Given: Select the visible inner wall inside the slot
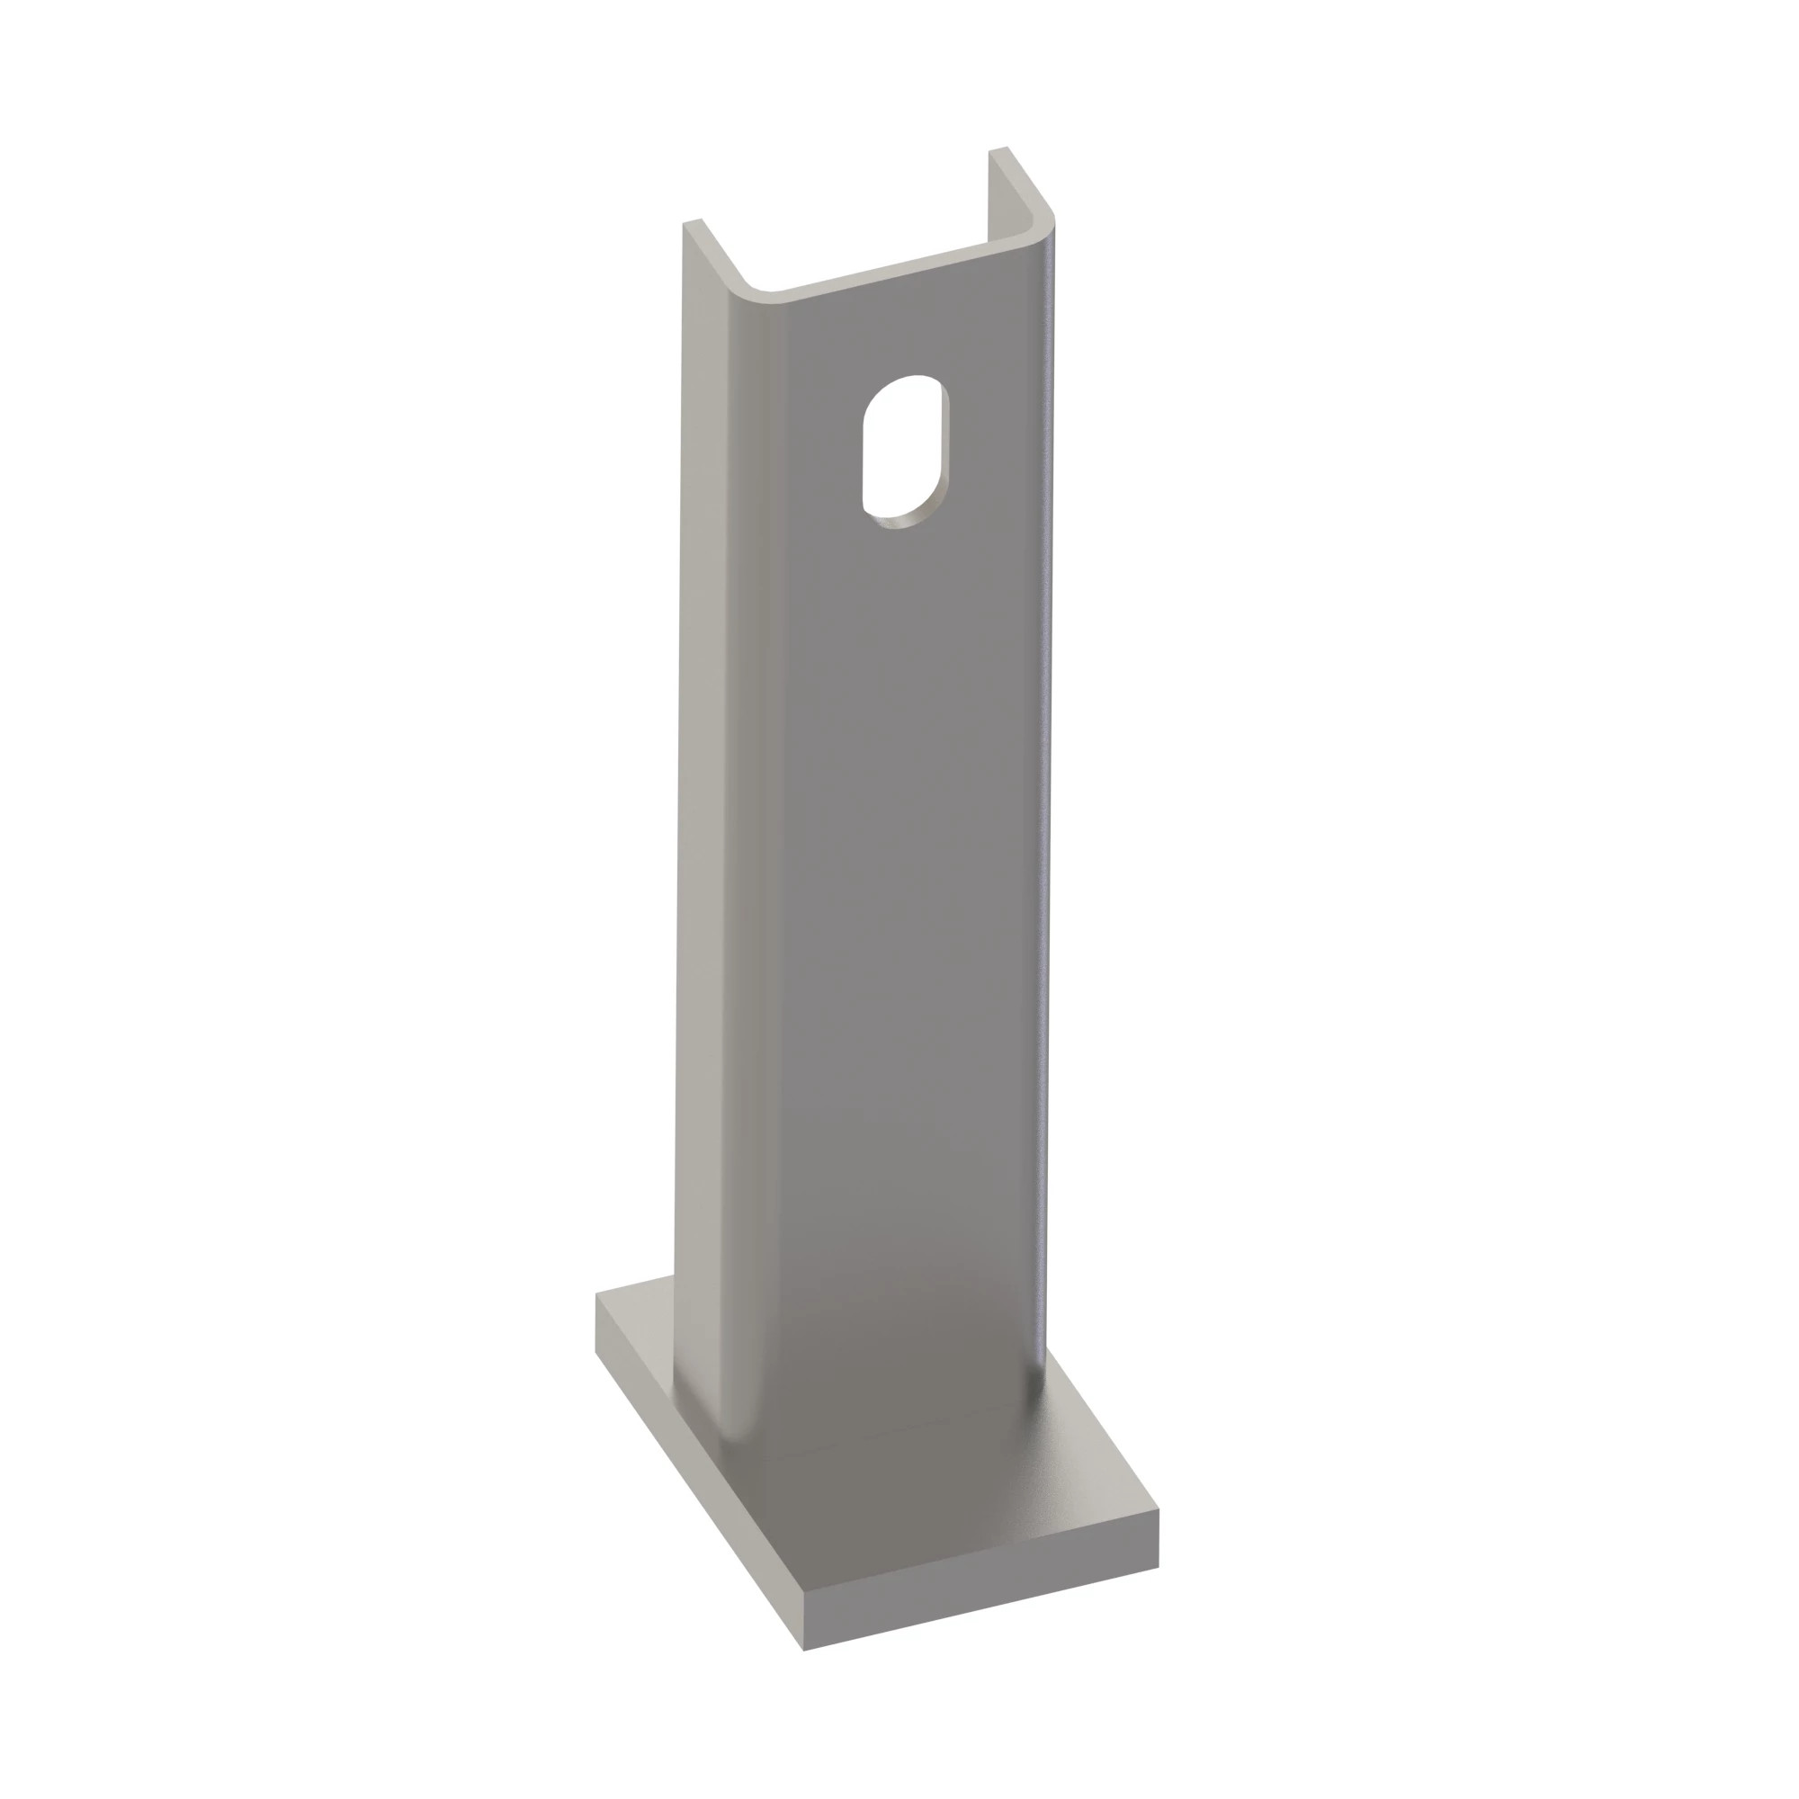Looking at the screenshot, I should tap(943, 456).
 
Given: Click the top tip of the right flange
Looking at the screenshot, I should tap(998, 150).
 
